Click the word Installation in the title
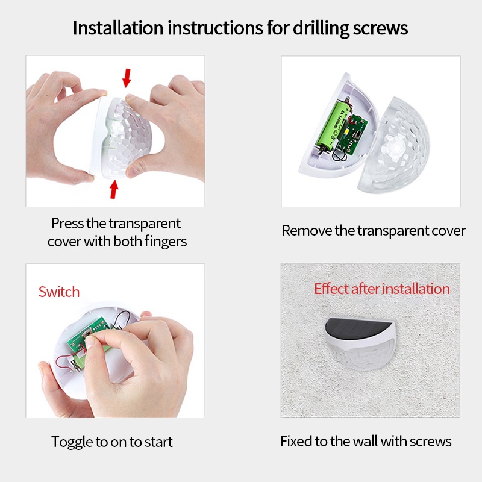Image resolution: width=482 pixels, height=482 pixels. (x=117, y=28)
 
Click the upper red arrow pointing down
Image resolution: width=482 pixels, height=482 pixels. (x=127, y=78)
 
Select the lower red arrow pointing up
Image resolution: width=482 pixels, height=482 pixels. (x=114, y=189)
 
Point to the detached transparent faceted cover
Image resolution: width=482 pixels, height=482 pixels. (x=394, y=145)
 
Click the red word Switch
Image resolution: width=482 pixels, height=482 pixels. (x=59, y=292)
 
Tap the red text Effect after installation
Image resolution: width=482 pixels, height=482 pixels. (x=382, y=289)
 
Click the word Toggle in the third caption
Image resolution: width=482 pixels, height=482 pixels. (x=72, y=442)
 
